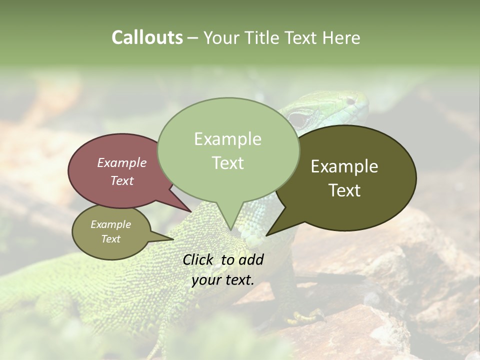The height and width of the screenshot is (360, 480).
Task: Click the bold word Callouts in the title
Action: click(x=147, y=37)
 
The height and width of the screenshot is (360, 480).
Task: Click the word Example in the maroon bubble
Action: click(x=121, y=163)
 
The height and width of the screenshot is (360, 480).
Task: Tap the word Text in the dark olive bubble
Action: click(x=344, y=190)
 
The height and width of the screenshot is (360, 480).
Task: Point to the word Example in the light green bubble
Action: click(x=227, y=139)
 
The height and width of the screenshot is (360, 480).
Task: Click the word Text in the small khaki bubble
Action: click(x=110, y=239)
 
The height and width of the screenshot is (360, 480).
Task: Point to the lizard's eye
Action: click(x=299, y=119)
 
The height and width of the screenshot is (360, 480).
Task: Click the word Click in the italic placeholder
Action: click(x=200, y=259)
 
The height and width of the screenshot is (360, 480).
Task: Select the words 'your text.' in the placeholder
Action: click(x=222, y=280)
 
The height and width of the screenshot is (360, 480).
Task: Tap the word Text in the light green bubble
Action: click(x=227, y=163)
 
